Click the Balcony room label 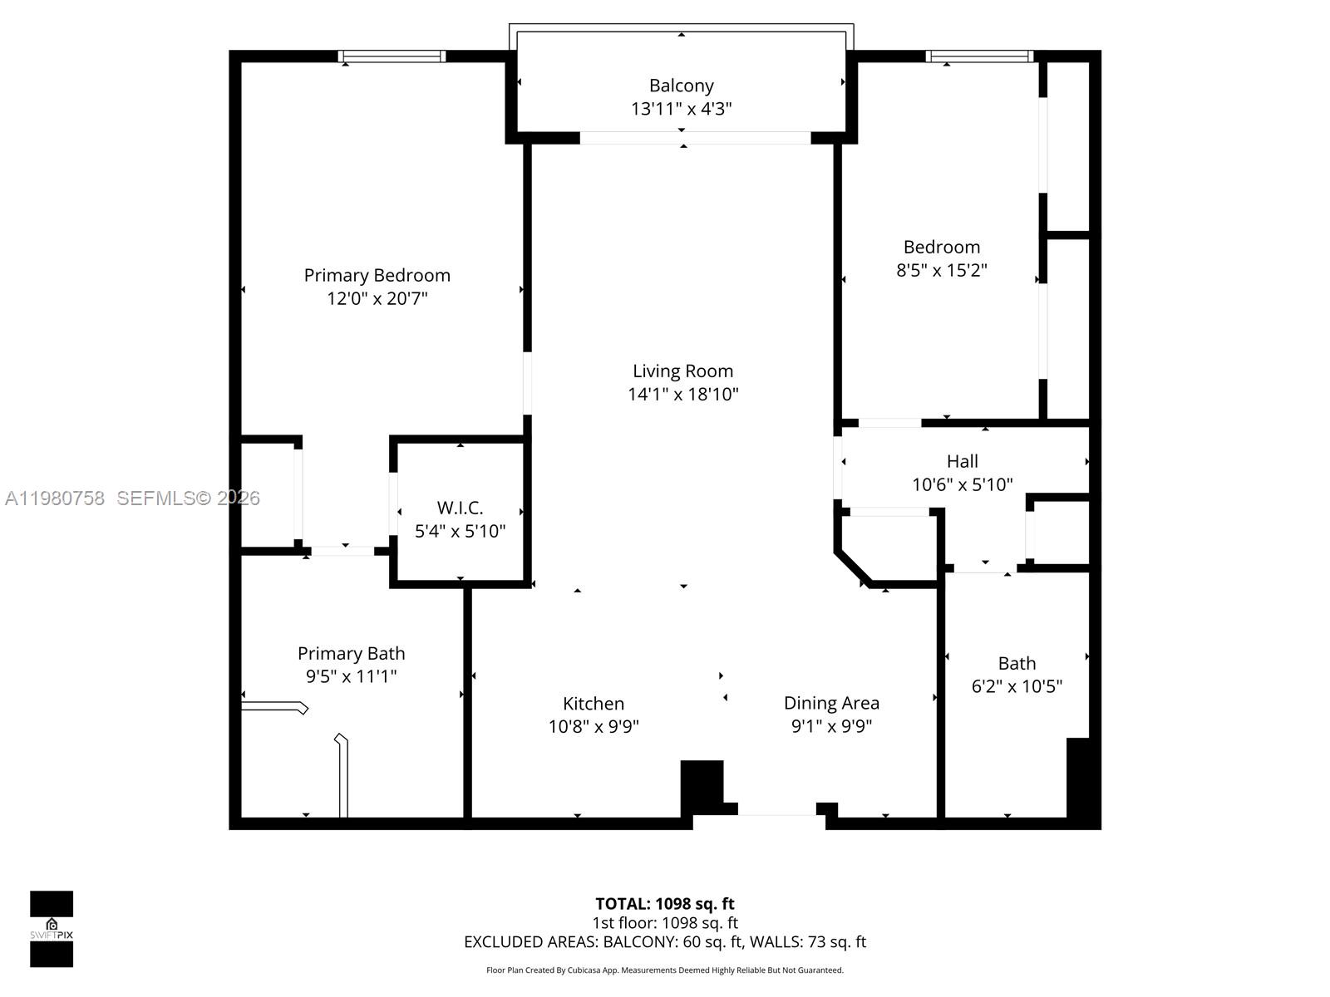click(x=681, y=86)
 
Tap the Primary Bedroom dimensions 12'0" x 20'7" click(x=377, y=298)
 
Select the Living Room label click(x=682, y=371)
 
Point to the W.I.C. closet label click(x=460, y=508)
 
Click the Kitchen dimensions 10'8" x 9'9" click(x=593, y=726)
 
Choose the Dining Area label click(x=830, y=703)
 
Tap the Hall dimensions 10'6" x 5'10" click(x=962, y=484)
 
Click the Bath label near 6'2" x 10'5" click(x=1017, y=663)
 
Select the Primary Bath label click(x=351, y=654)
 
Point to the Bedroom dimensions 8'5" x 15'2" click(x=941, y=270)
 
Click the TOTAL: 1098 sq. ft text click(x=664, y=904)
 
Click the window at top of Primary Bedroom click(x=392, y=56)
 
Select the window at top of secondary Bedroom click(x=979, y=56)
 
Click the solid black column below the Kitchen click(x=702, y=785)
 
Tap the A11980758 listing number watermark click(x=55, y=498)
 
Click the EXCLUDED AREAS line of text click(x=664, y=942)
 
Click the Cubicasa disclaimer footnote click(x=664, y=970)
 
